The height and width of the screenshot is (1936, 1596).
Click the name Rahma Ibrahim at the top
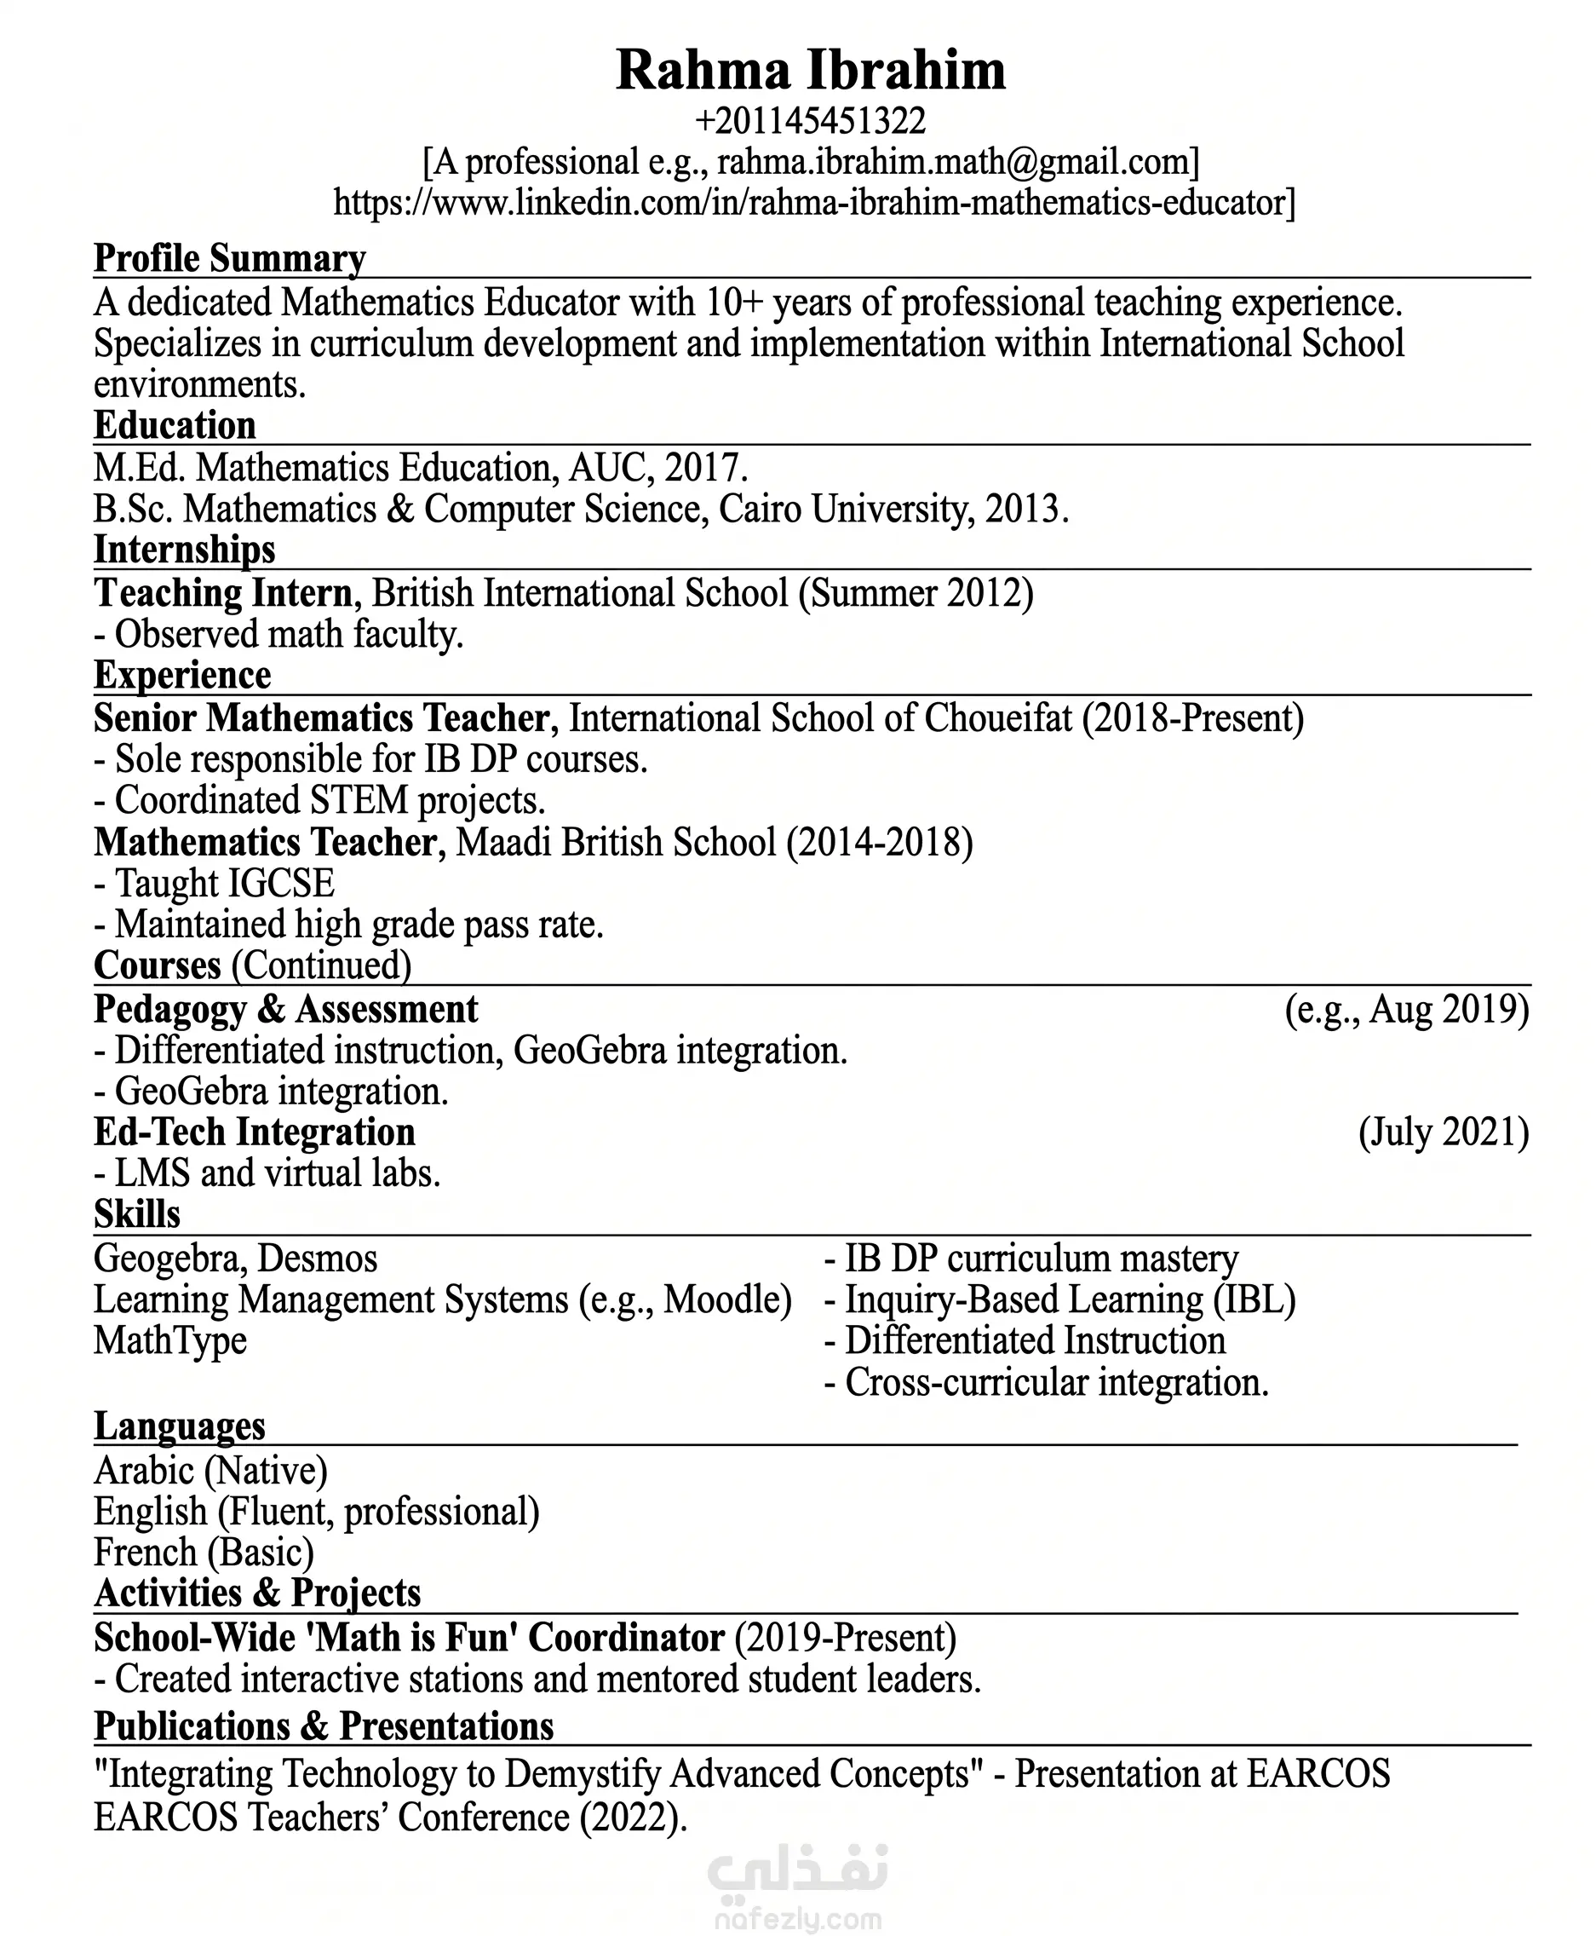(x=810, y=70)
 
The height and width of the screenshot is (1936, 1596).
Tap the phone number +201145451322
(x=810, y=120)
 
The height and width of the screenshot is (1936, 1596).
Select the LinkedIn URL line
(x=813, y=202)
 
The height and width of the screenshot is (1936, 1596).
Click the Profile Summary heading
(x=230, y=258)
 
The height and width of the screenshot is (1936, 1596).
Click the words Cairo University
(x=841, y=510)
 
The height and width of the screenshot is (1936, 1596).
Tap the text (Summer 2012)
(x=916, y=593)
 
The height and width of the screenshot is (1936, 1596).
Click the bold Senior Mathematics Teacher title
(x=322, y=718)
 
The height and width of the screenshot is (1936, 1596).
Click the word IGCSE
(x=279, y=884)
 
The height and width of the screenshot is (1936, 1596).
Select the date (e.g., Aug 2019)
(x=1407, y=1010)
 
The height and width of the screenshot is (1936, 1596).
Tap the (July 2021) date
(x=1444, y=1133)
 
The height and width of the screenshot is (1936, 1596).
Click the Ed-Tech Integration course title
(x=255, y=1133)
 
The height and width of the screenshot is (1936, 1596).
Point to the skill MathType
(x=170, y=1341)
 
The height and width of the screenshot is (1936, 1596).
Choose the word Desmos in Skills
(x=317, y=1259)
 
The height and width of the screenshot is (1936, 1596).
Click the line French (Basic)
(x=204, y=1553)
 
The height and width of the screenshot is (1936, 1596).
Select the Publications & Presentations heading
(x=324, y=1727)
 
